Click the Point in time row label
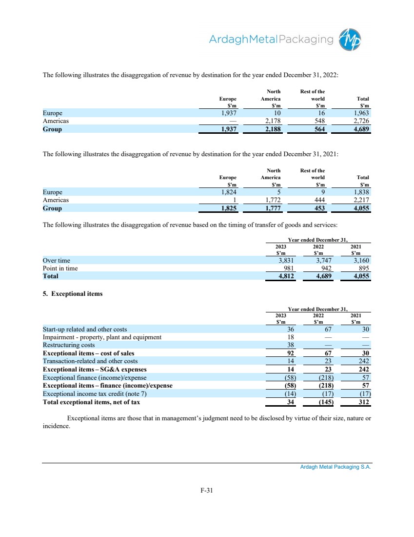pos(60,268)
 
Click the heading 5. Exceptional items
pos(73,294)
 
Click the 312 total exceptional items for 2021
pos(363,402)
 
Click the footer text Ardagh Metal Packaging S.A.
pos(335,467)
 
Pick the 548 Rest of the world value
pos(318,121)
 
